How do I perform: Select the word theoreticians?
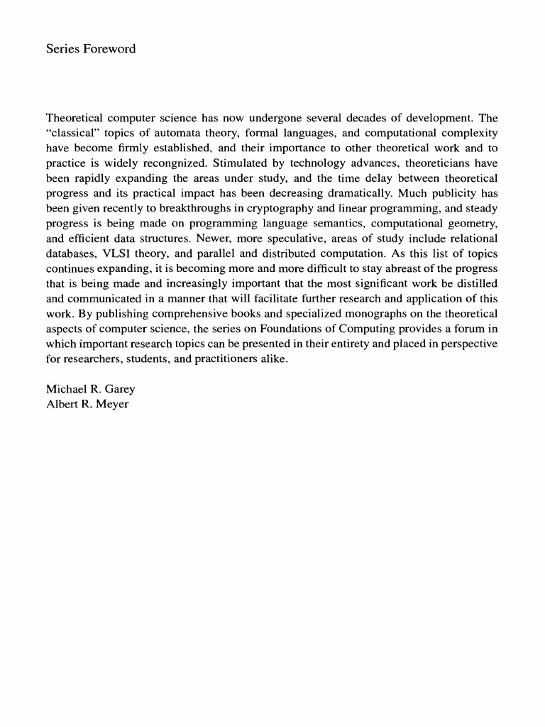point(437,164)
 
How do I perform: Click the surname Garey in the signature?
point(120,390)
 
